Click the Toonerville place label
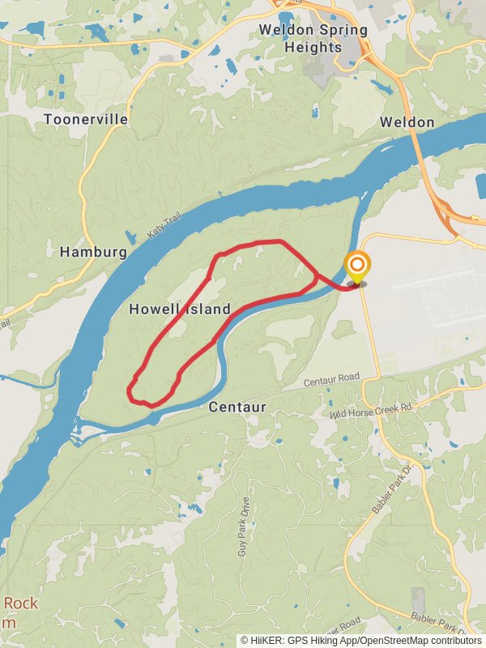click(x=85, y=119)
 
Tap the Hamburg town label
click(x=93, y=252)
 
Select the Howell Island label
click(x=180, y=309)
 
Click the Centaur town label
click(x=237, y=407)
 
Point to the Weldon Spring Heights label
click(x=313, y=38)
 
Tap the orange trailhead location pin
click(x=356, y=266)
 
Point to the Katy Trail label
click(x=160, y=227)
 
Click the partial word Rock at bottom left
click(x=21, y=603)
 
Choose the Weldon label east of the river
click(x=407, y=122)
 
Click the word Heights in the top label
click(x=313, y=47)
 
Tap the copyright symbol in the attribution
click(x=245, y=640)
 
